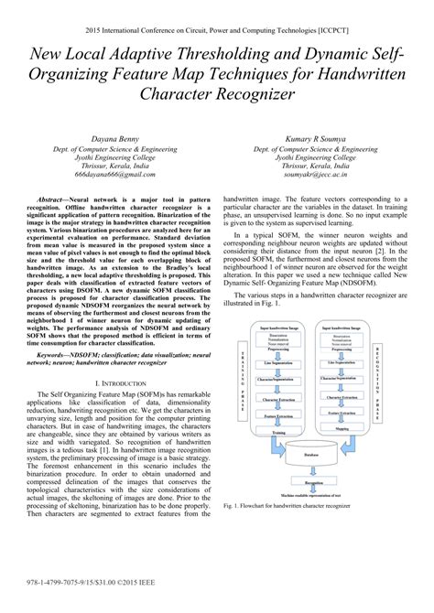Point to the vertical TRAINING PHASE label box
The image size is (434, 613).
242,389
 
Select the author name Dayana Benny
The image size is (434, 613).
112,136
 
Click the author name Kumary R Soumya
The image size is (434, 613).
317,136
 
